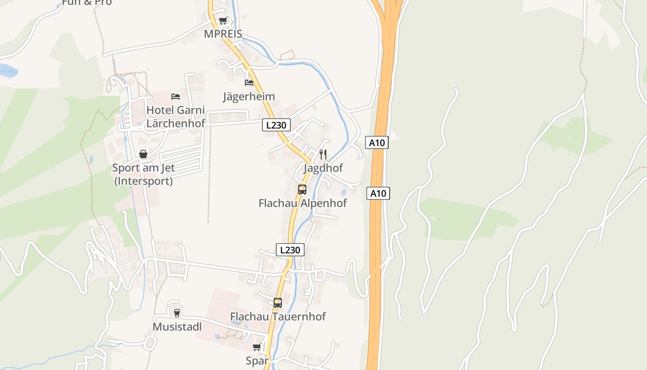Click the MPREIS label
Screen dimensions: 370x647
[223, 35]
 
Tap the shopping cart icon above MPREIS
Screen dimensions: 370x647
[223, 21]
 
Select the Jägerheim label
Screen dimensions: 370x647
[249, 97]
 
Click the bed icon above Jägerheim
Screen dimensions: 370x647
[249, 83]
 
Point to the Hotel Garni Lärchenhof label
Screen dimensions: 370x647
[176, 117]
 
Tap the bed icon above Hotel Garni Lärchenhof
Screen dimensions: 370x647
[176, 97]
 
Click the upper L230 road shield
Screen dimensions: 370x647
[276, 124]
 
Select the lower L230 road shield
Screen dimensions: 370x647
[290, 250]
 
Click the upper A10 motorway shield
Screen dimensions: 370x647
[377, 142]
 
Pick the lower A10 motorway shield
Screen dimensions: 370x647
[378, 193]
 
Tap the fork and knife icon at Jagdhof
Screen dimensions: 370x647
[323, 154]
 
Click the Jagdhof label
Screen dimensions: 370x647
[323, 168]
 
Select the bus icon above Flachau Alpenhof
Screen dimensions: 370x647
[302, 189]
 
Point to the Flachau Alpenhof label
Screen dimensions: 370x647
[302, 203]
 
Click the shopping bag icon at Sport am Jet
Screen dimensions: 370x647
[143, 154]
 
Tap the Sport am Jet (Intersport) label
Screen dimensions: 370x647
[143, 174]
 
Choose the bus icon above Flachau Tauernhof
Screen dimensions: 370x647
[278, 303]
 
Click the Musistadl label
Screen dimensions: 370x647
[177, 327]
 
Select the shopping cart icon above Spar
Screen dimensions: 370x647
[257, 347]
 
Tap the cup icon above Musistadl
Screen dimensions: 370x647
[177, 313]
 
